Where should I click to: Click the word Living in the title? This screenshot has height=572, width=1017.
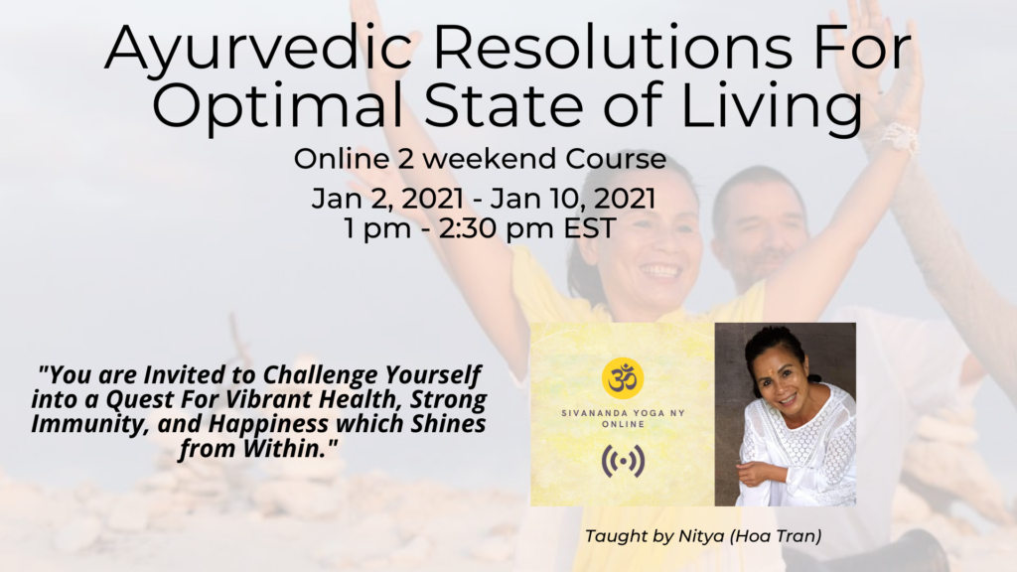(x=772, y=106)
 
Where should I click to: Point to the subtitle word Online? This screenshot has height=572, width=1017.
(x=342, y=159)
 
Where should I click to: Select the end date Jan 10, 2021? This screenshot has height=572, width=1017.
(x=573, y=199)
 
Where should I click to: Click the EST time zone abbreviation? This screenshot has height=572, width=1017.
(x=590, y=228)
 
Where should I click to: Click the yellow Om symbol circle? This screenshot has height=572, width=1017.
(x=623, y=378)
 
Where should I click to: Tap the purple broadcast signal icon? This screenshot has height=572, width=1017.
(x=623, y=461)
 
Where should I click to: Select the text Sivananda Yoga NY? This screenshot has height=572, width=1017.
(x=624, y=412)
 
